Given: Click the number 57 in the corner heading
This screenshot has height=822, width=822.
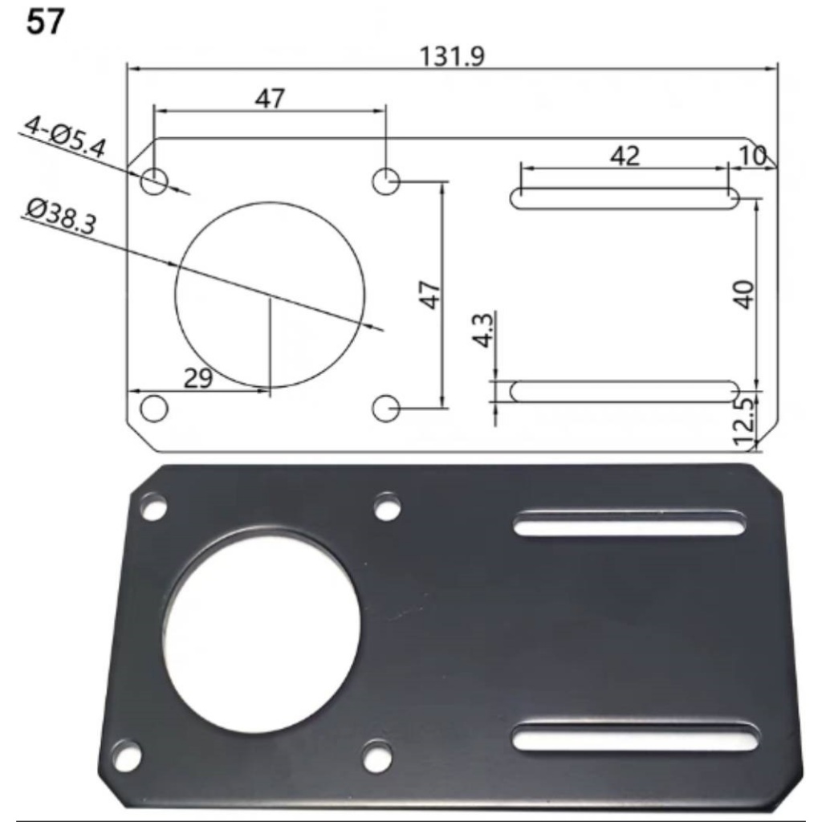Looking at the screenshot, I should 45,23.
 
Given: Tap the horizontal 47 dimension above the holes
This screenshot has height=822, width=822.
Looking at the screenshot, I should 270,98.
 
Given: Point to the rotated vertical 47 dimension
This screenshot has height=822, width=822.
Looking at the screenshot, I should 430,295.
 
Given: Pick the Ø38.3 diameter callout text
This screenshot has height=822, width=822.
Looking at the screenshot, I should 60,217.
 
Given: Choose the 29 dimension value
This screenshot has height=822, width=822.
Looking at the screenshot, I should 197,379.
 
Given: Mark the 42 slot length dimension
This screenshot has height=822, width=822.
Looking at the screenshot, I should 625,156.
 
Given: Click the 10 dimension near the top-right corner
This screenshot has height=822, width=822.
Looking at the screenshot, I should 752,157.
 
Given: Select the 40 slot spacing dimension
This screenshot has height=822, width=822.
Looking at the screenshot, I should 744,294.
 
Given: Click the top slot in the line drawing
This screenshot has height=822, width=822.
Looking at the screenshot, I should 625,198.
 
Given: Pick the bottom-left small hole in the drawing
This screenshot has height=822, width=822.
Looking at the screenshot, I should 153,408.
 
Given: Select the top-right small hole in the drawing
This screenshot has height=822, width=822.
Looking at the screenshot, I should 386,181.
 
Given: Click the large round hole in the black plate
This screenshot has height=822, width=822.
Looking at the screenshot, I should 262,630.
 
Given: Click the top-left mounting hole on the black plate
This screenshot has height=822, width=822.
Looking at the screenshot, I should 153,507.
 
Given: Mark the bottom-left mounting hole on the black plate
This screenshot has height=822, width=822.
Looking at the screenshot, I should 126,755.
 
